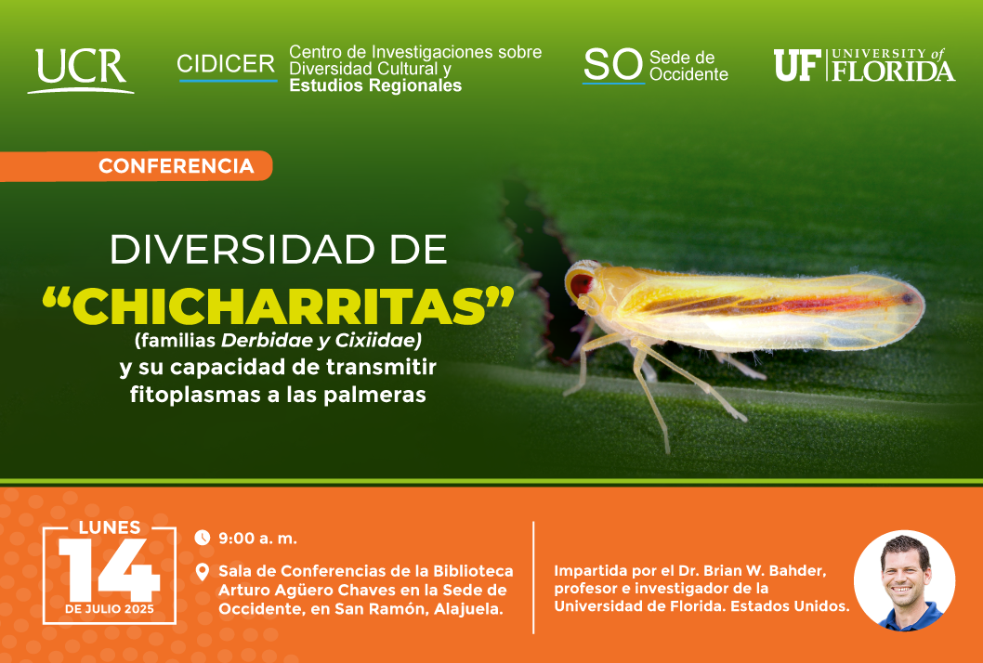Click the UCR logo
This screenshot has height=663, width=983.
[80, 71]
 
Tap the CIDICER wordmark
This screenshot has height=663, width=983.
[227, 65]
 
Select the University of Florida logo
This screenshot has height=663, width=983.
[864, 65]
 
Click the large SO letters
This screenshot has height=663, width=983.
[613, 65]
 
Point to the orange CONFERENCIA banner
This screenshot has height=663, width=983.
[136, 166]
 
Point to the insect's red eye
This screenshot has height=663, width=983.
[581, 284]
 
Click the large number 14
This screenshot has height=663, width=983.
[109, 570]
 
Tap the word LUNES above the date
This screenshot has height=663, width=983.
[110, 527]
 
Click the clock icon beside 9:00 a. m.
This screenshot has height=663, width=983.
[202, 538]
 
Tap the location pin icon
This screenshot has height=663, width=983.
[202, 572]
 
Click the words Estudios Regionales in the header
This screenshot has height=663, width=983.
[375, 85]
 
